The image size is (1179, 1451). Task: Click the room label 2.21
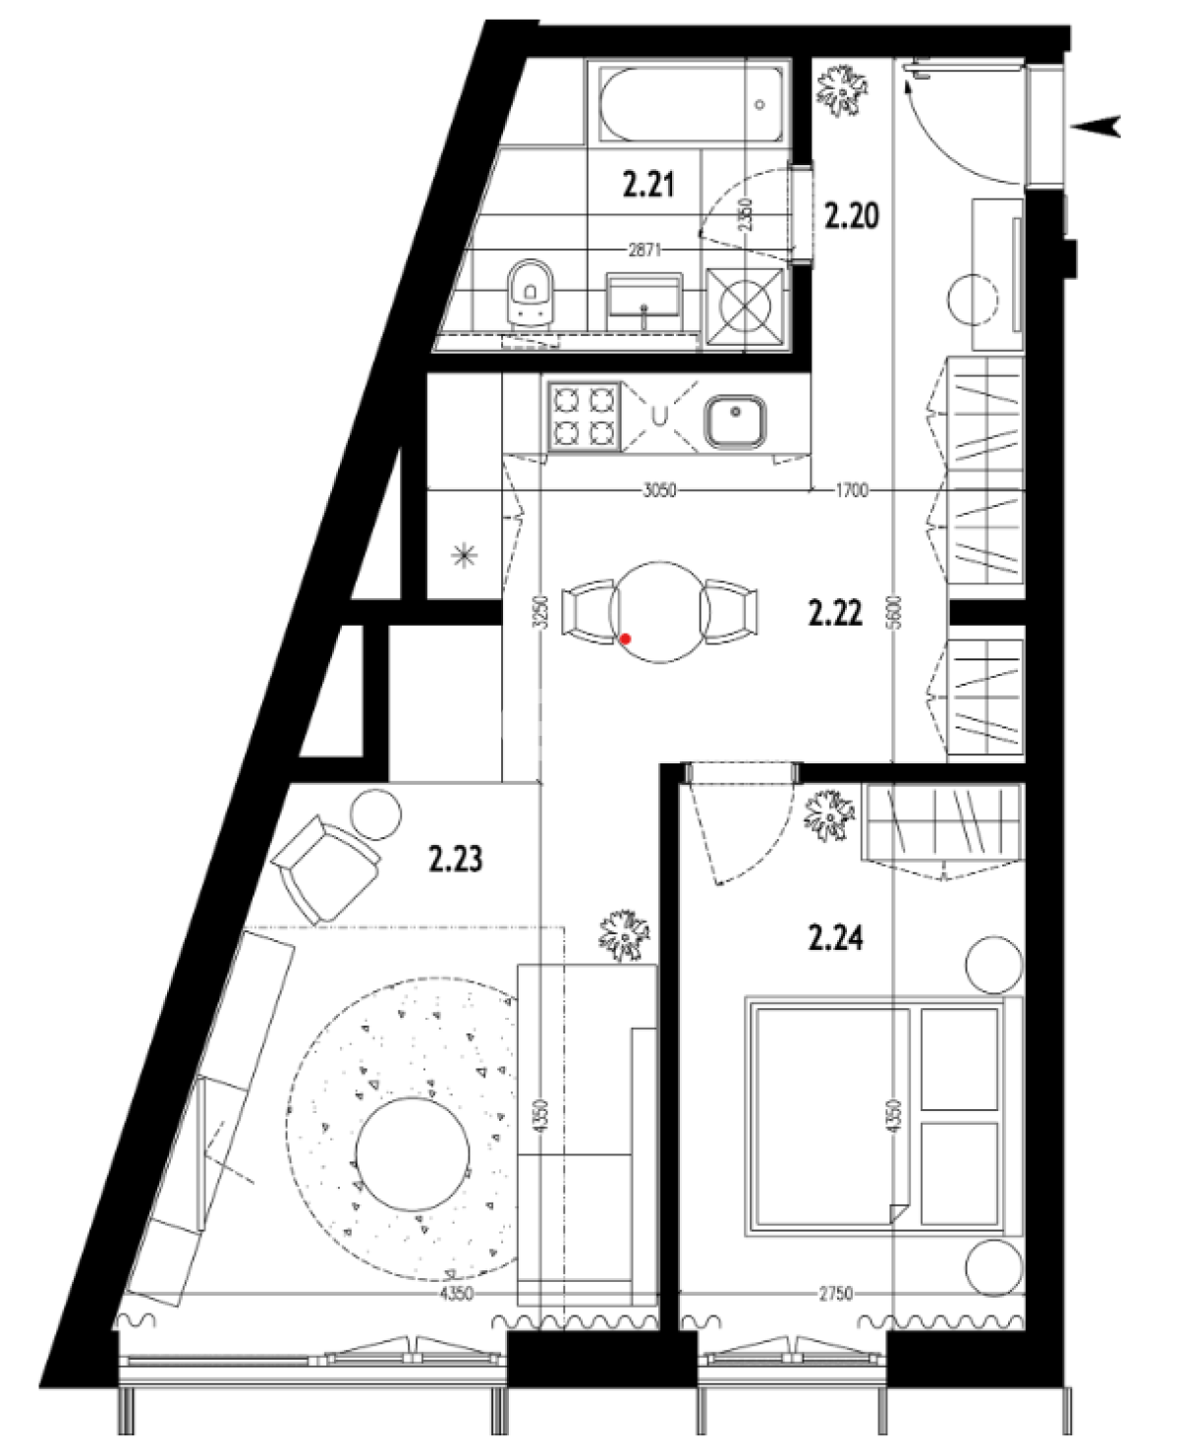(x=648, y=185)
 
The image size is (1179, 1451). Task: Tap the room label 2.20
(x=852, y=216)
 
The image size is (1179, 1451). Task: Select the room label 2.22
(x=836, y=612)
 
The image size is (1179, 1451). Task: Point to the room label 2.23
(x=456, y=859)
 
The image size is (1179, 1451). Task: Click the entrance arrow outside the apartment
(x=1095, y=126)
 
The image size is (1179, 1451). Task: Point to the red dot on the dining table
(x=625, y=639)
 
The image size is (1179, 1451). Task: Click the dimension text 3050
(x=659, y=490)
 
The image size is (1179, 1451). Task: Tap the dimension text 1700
(x=852, y=490)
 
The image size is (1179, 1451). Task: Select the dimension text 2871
(x=645, y=251)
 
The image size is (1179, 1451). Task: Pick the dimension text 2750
(x=835, y=1294)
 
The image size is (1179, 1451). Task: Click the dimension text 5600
(x=895, y=612)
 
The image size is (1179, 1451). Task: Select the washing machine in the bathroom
(x=746, y=306)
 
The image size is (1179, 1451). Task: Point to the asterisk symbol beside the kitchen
(x=465, y=557)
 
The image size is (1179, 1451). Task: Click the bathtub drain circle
(x=759, y=105)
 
